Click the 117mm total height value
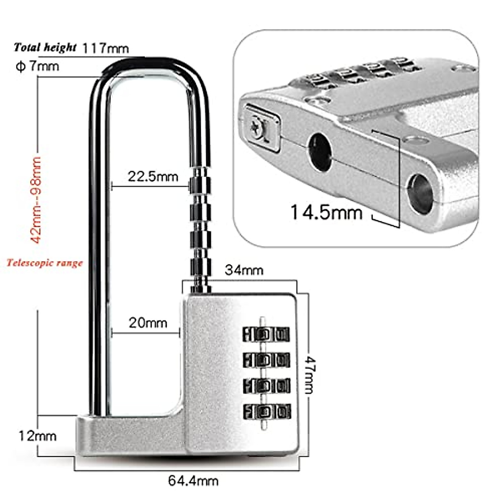coord(105,48)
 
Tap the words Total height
coord(45,47)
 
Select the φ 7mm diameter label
coord(38,66)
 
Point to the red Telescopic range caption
coord(45,263)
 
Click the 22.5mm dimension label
coord(153,176)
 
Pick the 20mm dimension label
coord(148,323)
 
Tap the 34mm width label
coord(244,270)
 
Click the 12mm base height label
coord(37,436)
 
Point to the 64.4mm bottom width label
coord(193,481)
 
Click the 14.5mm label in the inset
coord(326,212)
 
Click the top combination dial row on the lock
coord(266,334)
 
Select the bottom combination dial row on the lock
coord(266,411)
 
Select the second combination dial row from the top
coord(266,360)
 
